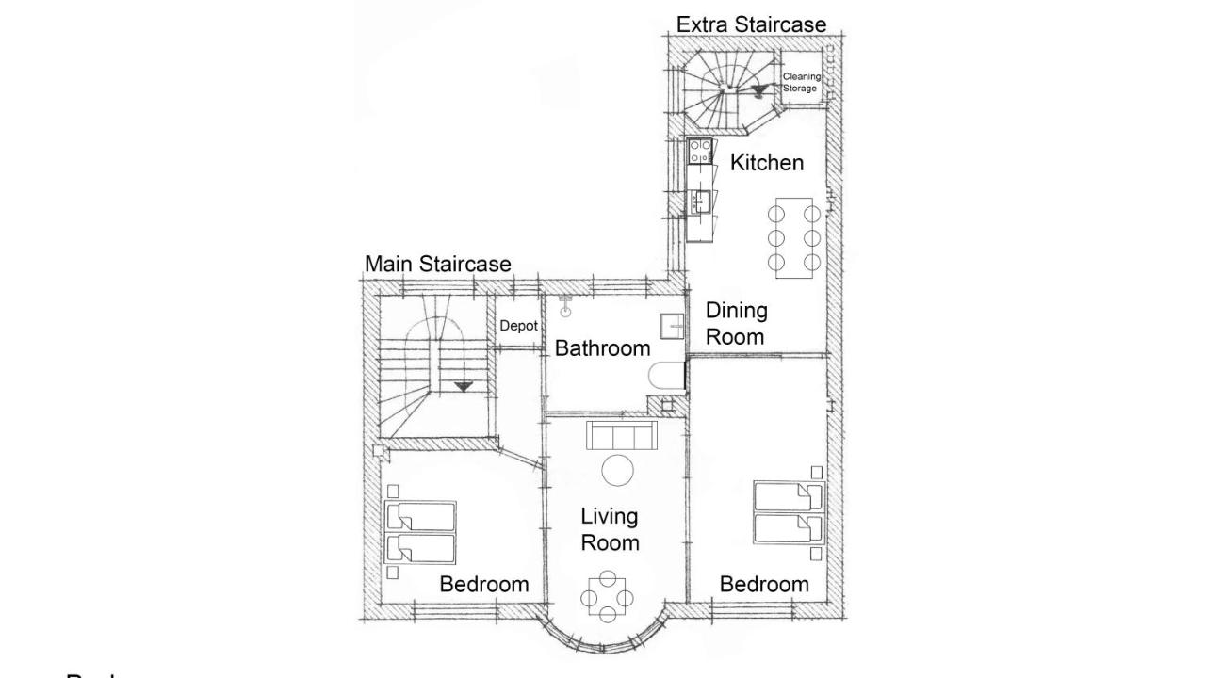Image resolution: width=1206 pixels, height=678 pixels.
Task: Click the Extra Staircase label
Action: (x=751, y=24)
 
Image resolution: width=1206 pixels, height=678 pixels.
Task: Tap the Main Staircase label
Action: (x=438, y=265)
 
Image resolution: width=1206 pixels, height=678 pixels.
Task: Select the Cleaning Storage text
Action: (x=802, y=82)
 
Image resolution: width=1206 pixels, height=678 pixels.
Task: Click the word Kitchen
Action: (x=767, y=163)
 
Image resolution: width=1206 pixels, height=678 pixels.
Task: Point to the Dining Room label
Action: (x=737, y=323)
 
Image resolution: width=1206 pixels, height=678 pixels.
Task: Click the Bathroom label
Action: (x=602, y=348)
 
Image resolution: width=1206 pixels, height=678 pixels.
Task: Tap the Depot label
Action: (x=518, y=326)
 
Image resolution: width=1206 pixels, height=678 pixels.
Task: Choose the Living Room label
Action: (x=610, y=529)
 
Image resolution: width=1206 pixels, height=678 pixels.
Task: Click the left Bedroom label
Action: (x=484, y=585)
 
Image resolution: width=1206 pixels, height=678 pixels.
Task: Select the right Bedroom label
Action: (x=764, y=585)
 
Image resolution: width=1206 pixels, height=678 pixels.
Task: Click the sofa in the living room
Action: (x=621, y=436)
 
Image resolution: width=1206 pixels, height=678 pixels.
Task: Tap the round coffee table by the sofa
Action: (x=619, y=469)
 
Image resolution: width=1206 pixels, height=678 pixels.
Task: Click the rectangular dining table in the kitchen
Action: (x=794, y=237)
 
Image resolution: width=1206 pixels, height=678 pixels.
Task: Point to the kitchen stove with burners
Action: (x=699, y=152)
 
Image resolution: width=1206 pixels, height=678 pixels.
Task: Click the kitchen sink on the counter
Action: (x=699, y=201)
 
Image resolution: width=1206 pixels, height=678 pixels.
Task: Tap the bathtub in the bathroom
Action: (x=667, y=379)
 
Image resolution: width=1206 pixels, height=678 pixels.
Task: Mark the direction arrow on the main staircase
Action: (x=463, y=386)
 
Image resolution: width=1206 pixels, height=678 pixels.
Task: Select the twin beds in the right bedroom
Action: (x=788, y=513)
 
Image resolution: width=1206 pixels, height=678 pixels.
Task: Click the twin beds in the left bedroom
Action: (x=420, y=532)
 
